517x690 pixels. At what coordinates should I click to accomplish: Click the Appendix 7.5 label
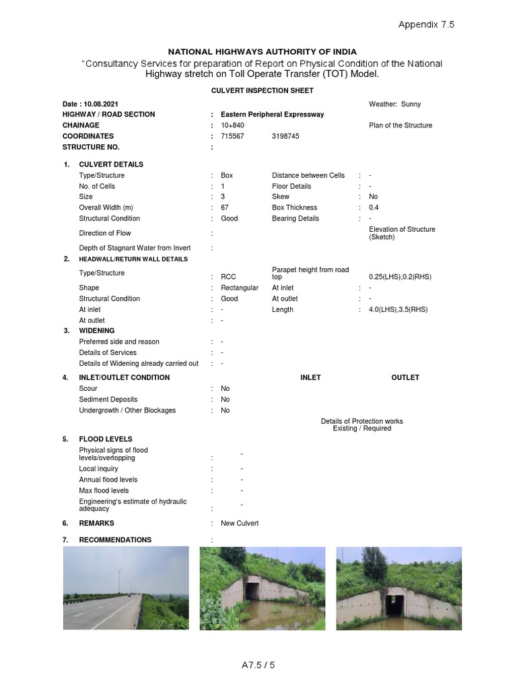426,24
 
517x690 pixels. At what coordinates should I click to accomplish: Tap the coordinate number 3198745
285,136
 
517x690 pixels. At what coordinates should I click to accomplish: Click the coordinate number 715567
232,136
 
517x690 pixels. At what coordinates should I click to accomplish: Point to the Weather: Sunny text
394,104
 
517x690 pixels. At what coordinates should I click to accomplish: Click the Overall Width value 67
225,208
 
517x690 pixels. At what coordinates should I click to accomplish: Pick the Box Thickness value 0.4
374,208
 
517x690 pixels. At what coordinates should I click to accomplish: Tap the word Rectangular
240,288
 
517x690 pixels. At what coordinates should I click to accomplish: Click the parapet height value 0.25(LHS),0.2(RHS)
400,277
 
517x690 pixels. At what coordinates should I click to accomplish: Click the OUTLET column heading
405,377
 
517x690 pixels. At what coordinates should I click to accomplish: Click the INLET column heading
310,377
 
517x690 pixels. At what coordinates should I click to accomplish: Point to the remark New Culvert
240,523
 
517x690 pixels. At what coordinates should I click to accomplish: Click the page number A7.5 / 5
258,665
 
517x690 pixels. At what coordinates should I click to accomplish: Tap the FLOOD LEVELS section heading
106,439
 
